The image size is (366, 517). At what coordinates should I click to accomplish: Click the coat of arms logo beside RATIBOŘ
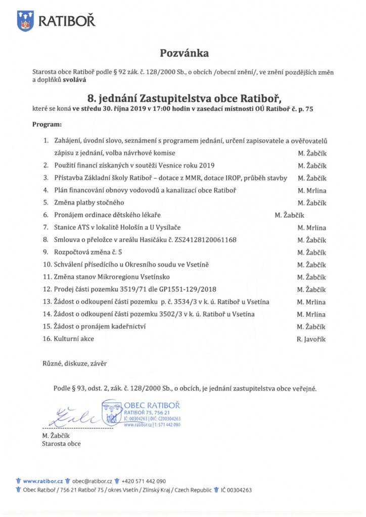click(x=25, y=21)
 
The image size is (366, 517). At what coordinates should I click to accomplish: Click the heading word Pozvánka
click(x=184, y=53)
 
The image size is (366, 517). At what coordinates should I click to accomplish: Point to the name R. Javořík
click(x=311, y=339)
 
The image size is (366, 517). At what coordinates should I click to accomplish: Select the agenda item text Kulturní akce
click(x=74, y=339)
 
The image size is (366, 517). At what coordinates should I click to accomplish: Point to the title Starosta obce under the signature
click(x=61, y=444)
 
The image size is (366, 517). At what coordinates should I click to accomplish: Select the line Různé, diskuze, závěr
click(x=74, y=363)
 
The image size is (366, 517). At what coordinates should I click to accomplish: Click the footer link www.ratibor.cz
click(x=43, y=481)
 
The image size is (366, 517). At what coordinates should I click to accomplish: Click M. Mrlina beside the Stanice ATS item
click(x=312, y=227)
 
